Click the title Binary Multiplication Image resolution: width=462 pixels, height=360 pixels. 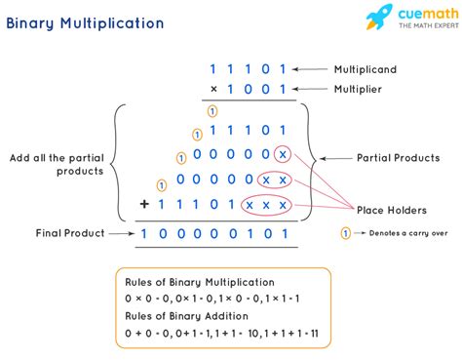pos(87,21)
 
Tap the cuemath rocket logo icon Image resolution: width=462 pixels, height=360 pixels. pos(379,18)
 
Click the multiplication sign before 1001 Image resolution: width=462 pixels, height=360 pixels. pos(213,90)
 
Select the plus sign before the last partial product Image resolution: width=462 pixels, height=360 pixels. pos(145,204)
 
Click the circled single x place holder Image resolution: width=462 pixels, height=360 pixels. pos(282,155)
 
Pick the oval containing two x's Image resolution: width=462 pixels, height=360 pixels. pos(273,180)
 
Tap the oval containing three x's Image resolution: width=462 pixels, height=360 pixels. pos(264,205)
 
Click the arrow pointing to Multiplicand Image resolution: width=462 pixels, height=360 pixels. pos(314,69)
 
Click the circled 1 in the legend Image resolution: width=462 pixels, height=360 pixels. pos(344,234)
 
